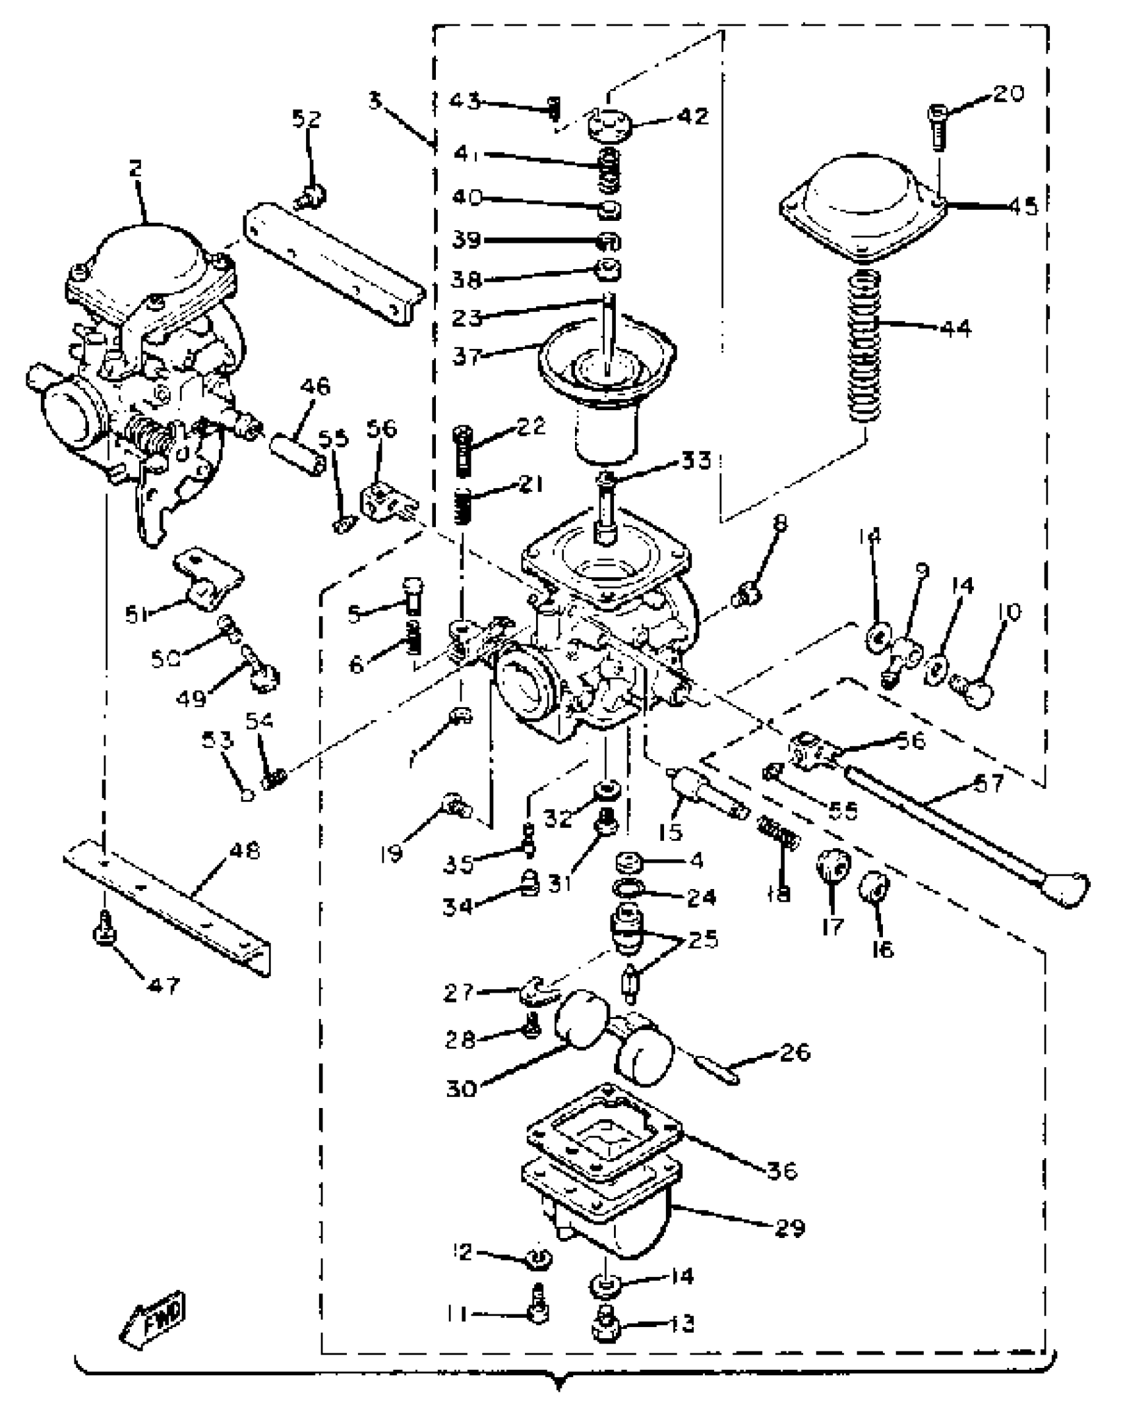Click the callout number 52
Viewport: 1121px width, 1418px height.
point(306,119)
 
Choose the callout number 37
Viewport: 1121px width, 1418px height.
point(466,357)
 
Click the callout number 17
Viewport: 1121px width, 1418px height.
point(833,927)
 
